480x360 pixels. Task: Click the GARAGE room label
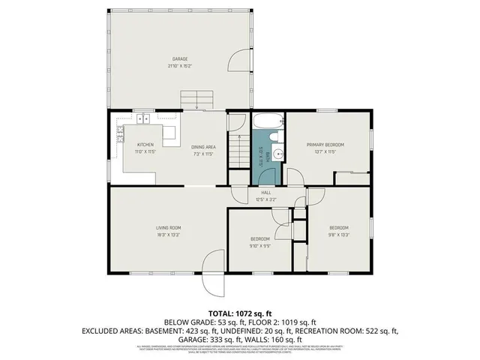tap(179, 58)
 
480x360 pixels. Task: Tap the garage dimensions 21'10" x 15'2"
tap(179, 65)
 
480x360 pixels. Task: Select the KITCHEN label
tap(145, 145)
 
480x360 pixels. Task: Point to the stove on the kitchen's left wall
tap(119, 135)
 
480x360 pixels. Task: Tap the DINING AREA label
tap(204, 146)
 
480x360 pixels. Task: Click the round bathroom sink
tap(277, 154)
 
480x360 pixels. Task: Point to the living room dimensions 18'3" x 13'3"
tap(168, 235)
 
